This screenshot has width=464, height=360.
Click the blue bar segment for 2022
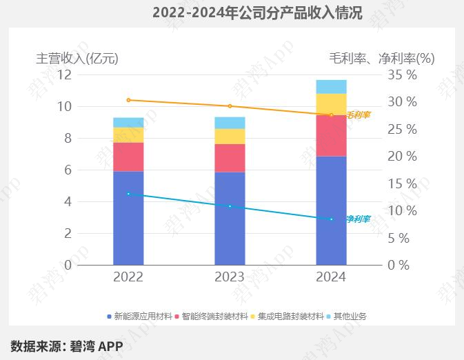coord(128,218)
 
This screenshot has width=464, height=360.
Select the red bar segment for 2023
coord(230,157)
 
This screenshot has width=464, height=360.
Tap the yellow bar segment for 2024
coord(331,104)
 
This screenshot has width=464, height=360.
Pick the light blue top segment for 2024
coord(331,86)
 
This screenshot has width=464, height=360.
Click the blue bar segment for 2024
coord(331,210)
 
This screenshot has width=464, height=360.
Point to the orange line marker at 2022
coord(128,100)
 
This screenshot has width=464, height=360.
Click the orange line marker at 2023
coord(230,106)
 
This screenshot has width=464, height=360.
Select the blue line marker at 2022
coord(128,194)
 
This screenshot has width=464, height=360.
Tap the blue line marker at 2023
coord(230,206)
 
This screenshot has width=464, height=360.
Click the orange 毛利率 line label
coord(358,115)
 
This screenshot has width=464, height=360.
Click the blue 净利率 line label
coord(358,219)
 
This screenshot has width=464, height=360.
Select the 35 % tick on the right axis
coord(403,74)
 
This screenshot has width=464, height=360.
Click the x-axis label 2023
coord(230,277)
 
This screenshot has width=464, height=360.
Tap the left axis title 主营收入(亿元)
coord(77,58)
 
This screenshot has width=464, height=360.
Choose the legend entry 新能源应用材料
coord(142,317)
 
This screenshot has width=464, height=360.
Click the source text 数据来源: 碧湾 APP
coord(66,346)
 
